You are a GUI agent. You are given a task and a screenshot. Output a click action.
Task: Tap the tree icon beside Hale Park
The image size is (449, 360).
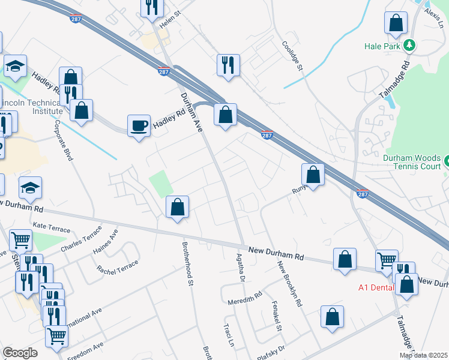409,45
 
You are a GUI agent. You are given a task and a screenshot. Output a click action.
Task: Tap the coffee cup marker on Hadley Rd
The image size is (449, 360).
139,126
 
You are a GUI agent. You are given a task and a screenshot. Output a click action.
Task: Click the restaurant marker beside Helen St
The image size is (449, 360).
152,7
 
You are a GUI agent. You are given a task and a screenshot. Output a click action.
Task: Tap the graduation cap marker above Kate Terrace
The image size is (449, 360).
30,188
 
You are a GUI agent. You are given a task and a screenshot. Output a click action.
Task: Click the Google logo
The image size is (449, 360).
20,353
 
